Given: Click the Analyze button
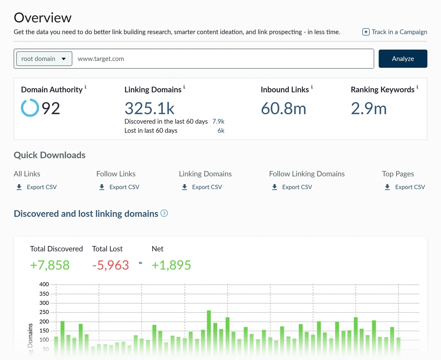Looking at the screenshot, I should (403, 59).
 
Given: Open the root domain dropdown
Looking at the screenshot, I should (44, 59).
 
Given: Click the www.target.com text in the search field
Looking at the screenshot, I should (101, 59).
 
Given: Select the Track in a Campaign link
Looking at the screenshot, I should (395, 32).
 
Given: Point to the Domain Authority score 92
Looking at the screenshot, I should (51, 108).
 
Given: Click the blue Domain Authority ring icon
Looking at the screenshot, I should (29, 108).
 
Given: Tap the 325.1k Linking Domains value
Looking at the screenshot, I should (149, 108).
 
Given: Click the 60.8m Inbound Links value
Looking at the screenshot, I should (283, 108).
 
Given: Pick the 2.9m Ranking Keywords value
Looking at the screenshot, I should (369, 108).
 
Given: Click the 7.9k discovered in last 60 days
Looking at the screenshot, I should (218, 122).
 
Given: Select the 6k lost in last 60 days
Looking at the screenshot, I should (220, 130).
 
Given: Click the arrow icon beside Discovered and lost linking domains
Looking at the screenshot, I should (164, 213).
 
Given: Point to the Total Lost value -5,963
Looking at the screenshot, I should (111, 265).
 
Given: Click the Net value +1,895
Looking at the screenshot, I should (171, 265).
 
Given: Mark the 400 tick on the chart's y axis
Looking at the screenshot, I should (44, 284).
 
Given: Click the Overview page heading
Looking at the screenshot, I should (43, 18).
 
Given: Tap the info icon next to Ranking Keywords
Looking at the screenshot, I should (417, 87).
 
